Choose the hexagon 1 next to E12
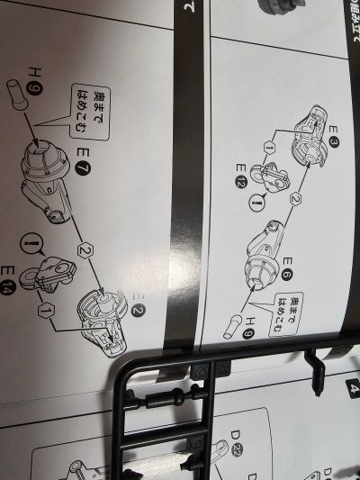pos(268,146)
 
